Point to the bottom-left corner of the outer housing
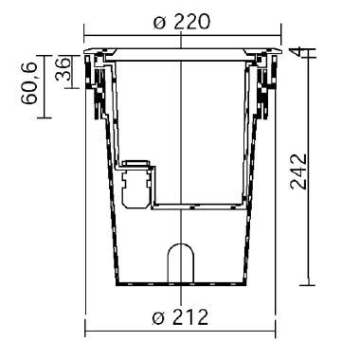[x=117, y=284]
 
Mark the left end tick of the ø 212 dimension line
[x=86, y=331]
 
